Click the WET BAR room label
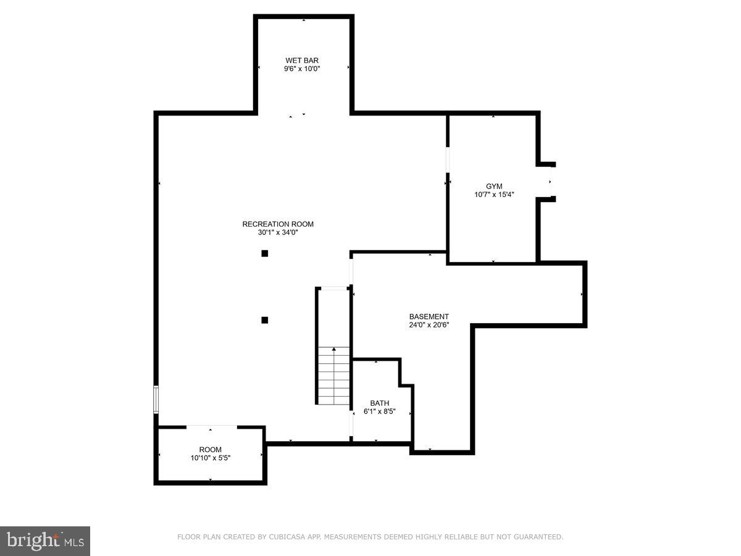pos(302,60)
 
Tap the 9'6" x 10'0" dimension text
pos(302,69)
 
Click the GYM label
pos(494,185)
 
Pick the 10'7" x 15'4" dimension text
pos(494,194)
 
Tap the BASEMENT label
pos(429,316)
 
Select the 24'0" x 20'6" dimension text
pos(429,325)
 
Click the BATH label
pos(380,403)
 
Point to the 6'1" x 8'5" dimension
pos(380,411)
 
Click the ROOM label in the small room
pos(210,450)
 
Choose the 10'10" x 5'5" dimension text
pos(210,458)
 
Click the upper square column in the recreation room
pos(265,253)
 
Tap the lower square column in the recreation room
pos(265,320)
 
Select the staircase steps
pos(334,377)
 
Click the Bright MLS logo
pos(45,541)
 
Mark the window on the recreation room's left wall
pos(156,400)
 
